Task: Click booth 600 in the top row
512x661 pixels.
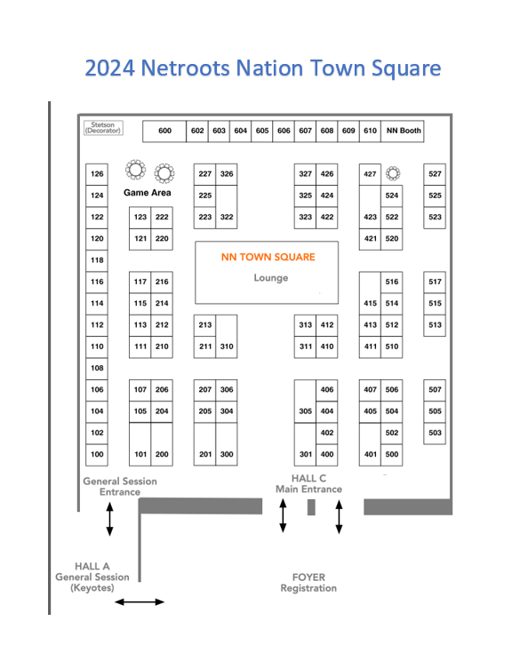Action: [x=164, y=131]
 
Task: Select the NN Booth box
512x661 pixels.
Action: [x=403, y=131]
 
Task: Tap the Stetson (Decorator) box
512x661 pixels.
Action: [x=103, y=128]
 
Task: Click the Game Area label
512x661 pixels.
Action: [x=148, y=193]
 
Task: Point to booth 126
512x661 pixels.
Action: [x=97, y=174]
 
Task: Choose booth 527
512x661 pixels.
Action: [x=435, y=174]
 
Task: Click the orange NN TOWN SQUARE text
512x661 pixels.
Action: [x=268, y=257]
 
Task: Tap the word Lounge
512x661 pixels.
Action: [x=271, y=278]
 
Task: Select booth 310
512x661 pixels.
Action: [x=227, y=337]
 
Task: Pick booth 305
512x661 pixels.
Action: [x=306, y=402]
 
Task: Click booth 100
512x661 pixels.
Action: [x=97, y=455]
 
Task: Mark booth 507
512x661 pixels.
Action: [x=435, y=390]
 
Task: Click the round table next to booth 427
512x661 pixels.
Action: [x=393, y=173]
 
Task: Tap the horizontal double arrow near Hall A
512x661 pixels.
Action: [x=140, y=602]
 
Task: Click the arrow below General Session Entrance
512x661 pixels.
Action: [x=109, y=519]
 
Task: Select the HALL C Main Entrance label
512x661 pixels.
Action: [x=308, y=484]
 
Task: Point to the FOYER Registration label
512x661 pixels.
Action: [x=308, y=583]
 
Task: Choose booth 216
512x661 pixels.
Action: [x=162, y=282]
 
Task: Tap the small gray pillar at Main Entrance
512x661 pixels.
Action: [x=311, y=507]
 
